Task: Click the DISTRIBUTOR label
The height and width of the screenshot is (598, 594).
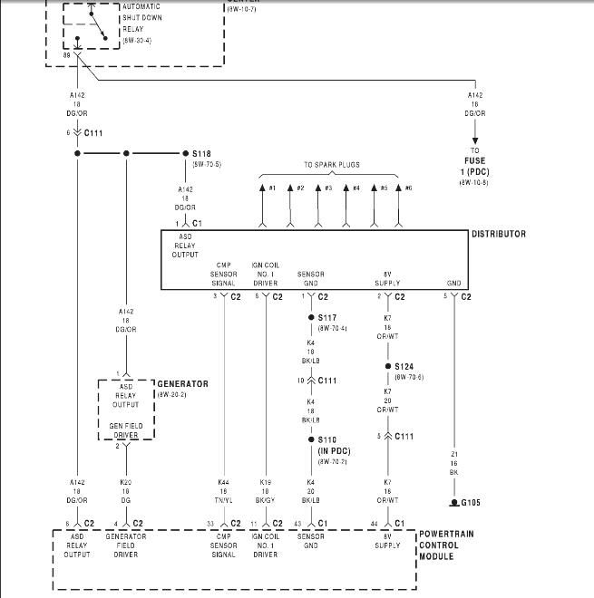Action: (x=498, y=234)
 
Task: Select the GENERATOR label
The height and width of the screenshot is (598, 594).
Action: (x=182, y=384)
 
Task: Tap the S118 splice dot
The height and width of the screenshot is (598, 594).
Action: (x=185, y=154)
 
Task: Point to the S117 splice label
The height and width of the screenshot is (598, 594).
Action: (x=327, y=318)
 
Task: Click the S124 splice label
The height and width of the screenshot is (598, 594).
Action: (x=404, y=367)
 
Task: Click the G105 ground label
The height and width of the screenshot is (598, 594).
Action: (x=470, y=502)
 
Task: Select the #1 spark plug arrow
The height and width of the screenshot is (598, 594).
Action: (x=263, y=188)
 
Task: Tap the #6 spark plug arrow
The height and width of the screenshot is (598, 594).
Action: (x=399, y=188)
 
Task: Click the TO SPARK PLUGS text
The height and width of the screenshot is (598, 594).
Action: (x=331, y=165)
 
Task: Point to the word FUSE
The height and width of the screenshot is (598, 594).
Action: (x=476, y=159)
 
